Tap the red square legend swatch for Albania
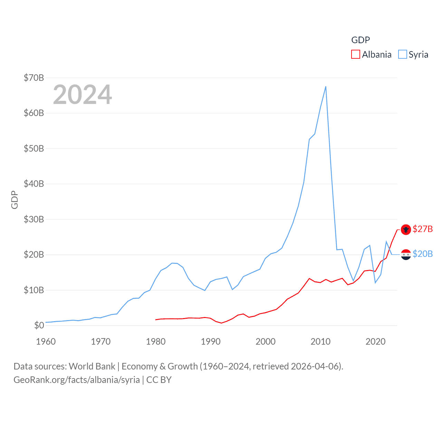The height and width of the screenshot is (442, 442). [355, 55]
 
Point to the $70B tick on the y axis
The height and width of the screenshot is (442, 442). [34, 78]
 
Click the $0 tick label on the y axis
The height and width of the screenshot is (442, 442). [39, 325]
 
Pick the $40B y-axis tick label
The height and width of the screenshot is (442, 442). [34, 184]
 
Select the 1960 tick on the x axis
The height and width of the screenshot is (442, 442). [46, 342]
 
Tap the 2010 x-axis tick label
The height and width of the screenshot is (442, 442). [320, 342]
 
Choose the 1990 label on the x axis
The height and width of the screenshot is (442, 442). [211, 342]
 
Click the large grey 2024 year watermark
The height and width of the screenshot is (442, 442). [83, 95]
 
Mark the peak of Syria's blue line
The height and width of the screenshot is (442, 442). [326, 87]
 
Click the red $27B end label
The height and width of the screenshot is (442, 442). [423, 229]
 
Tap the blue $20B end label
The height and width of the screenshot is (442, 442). [423, 254]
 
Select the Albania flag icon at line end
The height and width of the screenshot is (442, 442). [406, 229]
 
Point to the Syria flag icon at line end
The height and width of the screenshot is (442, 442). [406, 254]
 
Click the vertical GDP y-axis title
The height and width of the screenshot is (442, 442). [15, 200]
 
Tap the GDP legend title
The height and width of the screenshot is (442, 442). [361, 40]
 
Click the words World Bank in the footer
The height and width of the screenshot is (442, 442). [92, 366]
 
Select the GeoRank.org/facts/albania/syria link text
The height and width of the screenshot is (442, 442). [77, 380]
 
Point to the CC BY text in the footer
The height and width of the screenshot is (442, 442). [159, 380]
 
